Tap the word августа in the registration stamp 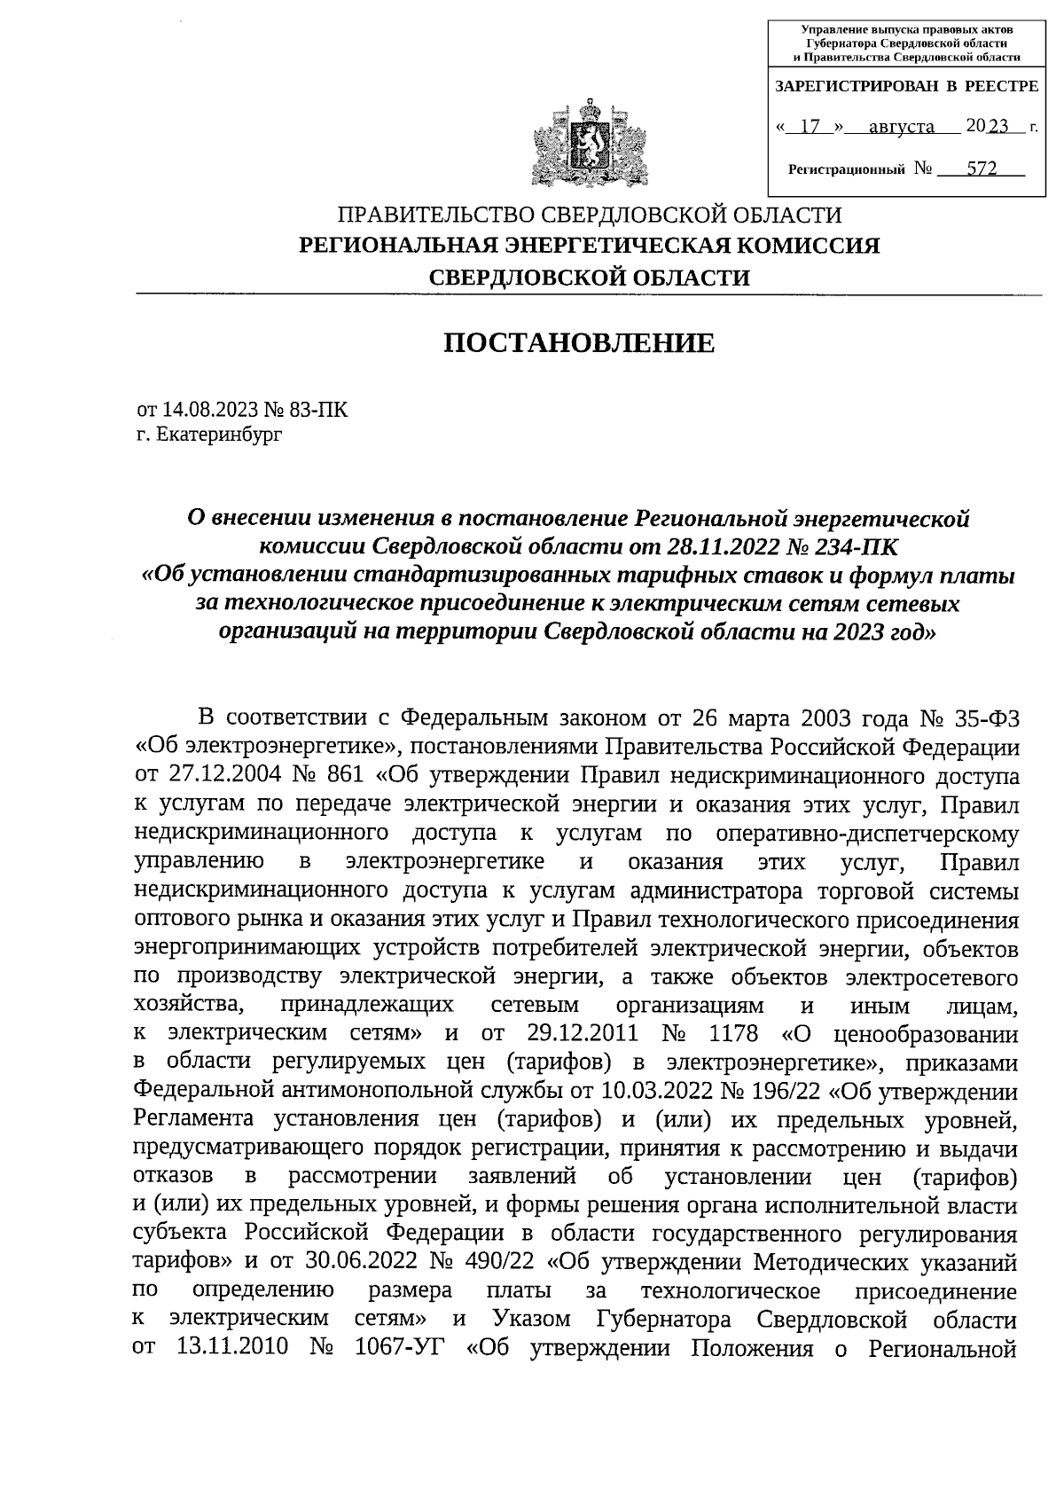901,126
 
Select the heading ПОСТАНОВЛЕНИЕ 579,342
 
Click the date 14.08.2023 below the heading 213,410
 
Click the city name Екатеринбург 219,435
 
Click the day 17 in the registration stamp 808,126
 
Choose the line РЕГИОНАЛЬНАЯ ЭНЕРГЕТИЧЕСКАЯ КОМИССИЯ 590,246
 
